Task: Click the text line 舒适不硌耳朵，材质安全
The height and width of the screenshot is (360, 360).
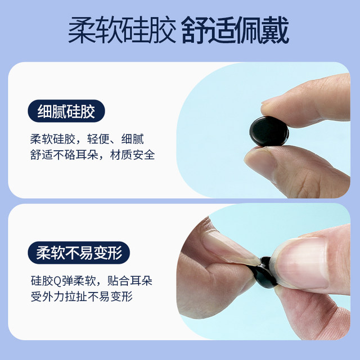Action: coord(92,155)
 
